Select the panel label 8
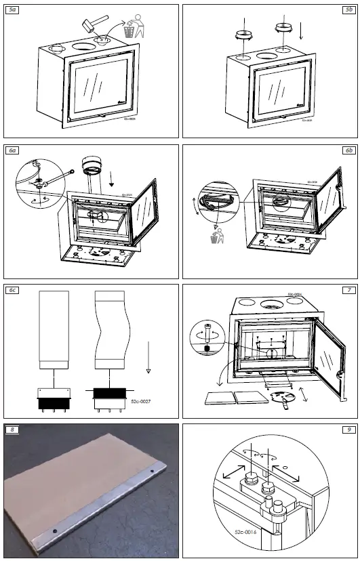pos(12,429)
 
